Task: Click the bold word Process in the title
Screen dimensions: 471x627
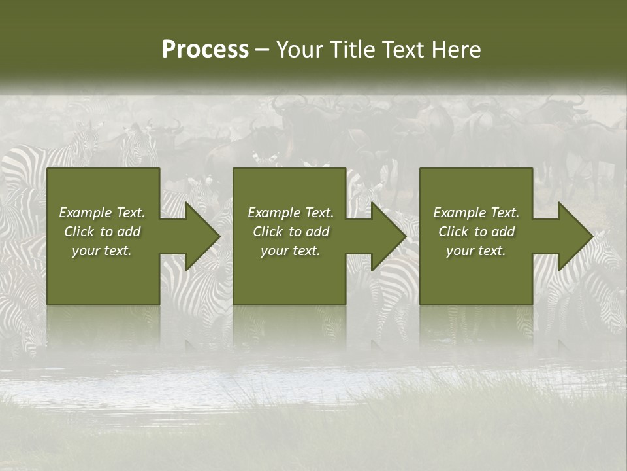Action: click(x=205, y=50)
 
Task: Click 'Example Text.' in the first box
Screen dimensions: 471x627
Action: click(x=102, y=213)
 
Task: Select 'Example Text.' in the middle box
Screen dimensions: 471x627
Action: click(x=291, y=213)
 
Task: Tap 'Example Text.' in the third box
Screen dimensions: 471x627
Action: click(x=476, y=213)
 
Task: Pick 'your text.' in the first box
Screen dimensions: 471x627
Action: click(x=102, y=251)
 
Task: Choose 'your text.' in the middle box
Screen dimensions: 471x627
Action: click(x=291, y=251)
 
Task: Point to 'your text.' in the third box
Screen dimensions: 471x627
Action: click(x=476, y=251)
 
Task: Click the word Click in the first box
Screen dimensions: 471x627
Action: click(x=79, y=232)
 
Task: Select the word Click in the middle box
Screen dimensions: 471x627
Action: click(x=268, y=232)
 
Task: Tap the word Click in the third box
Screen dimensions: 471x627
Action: click(x=453, y=232)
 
